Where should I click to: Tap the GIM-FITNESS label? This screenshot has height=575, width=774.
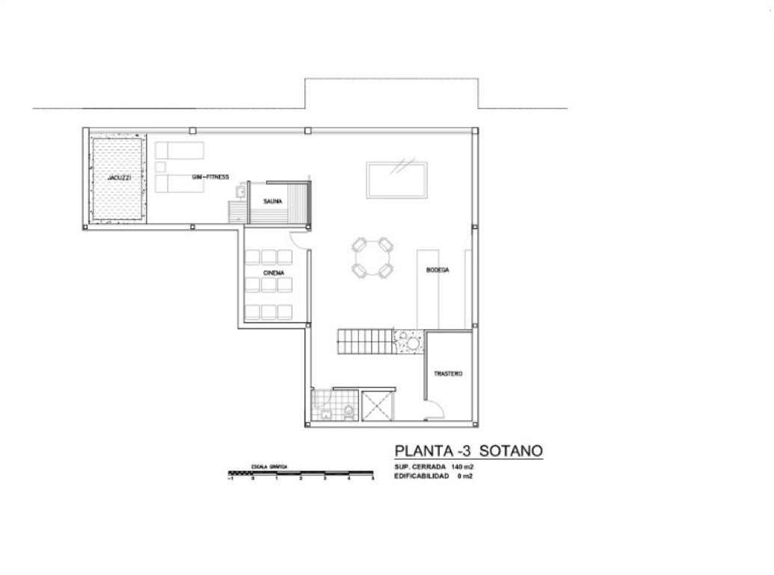(209, 177)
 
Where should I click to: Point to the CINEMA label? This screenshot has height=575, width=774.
(273, 273)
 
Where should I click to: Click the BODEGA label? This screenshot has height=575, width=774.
(437, 270)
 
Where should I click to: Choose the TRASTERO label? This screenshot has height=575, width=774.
(448, 373)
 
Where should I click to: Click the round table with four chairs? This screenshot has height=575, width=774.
(372, 258)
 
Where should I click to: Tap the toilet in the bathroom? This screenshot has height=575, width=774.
(348, 410)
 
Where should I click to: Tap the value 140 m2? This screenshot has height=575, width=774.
(463, 466)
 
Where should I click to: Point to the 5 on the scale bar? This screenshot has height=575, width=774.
(372, 478)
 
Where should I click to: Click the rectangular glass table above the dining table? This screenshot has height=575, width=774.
(397, 180)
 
